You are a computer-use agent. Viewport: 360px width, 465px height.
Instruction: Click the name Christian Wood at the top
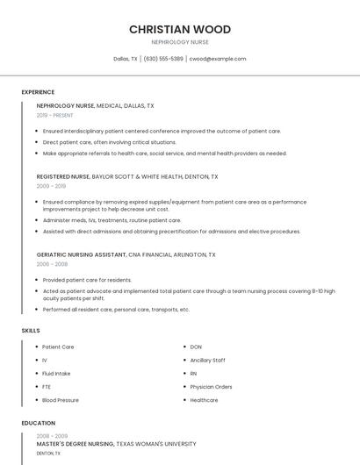pos(180,29)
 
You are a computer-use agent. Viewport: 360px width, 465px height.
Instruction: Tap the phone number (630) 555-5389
pos(163,59)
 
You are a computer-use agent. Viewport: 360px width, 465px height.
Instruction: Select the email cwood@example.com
pos(218,59)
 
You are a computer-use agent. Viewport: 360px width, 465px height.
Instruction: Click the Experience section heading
pos(38,92)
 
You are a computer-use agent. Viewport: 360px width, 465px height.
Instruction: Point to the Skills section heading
pos(31,330)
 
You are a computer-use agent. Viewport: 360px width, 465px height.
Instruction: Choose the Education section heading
pos(39,423)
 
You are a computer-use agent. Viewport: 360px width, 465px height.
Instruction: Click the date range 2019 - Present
pos(55,115)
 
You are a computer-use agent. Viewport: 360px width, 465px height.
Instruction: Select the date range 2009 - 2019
pos(51,186)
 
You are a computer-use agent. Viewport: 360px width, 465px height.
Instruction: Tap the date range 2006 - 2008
pos(51,263)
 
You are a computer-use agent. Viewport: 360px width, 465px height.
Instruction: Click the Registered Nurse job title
pos(63,176)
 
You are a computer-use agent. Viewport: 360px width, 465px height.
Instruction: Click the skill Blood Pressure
pos(61,400)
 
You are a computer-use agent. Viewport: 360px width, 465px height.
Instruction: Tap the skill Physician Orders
pos(211,386)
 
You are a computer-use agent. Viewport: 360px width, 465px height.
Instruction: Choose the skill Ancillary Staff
pos(207,360)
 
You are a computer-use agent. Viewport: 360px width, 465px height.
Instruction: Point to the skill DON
pos(196,347)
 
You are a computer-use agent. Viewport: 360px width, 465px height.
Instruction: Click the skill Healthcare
pos(204,400)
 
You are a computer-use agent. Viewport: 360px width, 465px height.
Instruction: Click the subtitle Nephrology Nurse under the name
pos(180,41)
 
